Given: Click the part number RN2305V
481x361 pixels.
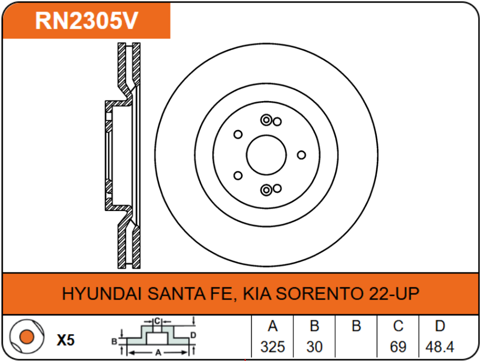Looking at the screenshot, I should (x=86, y=21).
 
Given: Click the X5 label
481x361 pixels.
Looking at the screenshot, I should (x=65, y=340).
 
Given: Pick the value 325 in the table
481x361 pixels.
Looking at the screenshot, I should (x=272, y=347).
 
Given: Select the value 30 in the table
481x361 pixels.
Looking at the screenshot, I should (x=314, y=347).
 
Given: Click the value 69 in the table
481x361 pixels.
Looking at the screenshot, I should (x=398, y=347).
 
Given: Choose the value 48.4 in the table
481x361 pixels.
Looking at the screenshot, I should (x=440, y=347).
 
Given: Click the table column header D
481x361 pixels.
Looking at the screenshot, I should (x=440, y=326).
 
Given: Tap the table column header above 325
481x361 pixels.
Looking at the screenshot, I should (x=272, y=326).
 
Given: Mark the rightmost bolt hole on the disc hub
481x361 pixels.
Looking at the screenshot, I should (x=301, y=155).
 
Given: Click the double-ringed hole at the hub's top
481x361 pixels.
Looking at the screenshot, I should (x=267, y=120).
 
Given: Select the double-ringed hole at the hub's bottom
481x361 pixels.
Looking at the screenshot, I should (x=267, y=190).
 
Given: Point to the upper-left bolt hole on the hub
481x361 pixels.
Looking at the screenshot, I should (x=238, y=134).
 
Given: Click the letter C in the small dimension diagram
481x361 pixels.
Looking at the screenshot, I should (x=157, y=320).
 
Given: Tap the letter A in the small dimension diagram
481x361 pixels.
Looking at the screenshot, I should (x=158, y=352).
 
